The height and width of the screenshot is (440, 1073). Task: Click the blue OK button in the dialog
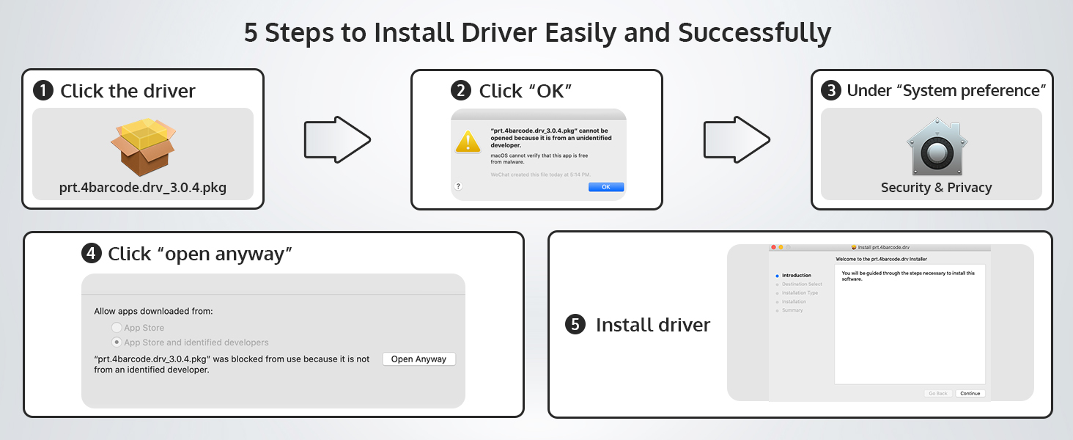coord(605,187)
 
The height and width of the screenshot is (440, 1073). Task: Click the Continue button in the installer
coord(970,393)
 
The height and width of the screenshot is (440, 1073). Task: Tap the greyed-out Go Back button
coord(937,393)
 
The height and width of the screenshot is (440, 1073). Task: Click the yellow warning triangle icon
coord(468,141)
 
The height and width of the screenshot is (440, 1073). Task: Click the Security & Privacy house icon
coord(932,147)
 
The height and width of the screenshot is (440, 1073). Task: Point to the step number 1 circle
coord(44,91)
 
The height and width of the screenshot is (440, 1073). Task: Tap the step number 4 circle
coord(91,254)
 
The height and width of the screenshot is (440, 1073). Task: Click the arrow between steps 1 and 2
coord(337,138)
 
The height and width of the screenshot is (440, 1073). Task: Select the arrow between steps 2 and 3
coord(737,138)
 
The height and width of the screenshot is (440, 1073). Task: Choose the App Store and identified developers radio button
coord(116,342)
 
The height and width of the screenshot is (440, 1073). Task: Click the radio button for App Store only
coord(116,328)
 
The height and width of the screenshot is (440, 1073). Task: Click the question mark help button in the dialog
coord(459,186)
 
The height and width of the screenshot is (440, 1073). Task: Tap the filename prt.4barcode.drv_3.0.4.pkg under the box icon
coord(143,188)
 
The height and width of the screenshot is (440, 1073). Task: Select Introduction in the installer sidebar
coord(797,275)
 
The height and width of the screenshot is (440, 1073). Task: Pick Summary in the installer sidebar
coord(792,310)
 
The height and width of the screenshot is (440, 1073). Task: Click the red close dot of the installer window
coord(773,247)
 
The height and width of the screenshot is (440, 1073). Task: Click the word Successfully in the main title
coord(754,33)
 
